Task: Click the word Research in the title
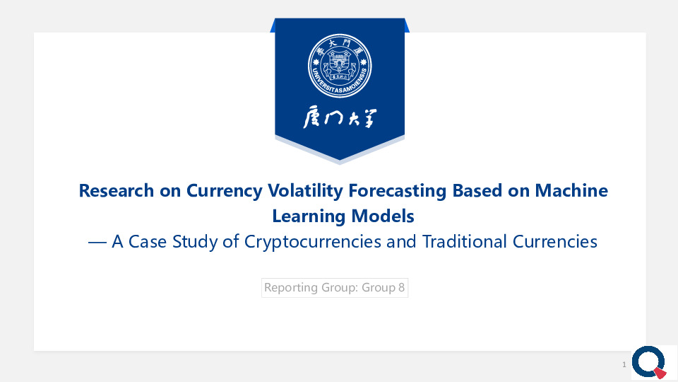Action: tap(117, 190)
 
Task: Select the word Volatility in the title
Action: tap(305, 191)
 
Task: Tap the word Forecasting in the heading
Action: tap(398, 191)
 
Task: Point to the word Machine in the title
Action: tap(571, 190)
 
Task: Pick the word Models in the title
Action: tap(383, 216)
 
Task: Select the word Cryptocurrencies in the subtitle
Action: tap(313, 242)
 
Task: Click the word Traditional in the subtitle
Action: tap(465, 242)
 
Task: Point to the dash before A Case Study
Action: tap(97, 243)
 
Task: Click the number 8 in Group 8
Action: tap(402, 288)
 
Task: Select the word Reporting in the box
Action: tap(290, 288)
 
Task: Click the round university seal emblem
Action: tap(340, 66)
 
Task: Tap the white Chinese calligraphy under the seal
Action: tap(340, 118)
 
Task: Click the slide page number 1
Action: tap(624, 365)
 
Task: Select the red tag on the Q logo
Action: tap(660, 373)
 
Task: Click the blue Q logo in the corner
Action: tap(648, 362)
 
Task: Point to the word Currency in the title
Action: tap(225, 191)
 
